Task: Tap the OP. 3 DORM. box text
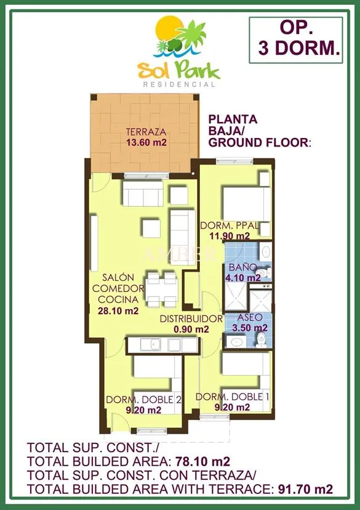[296, 39]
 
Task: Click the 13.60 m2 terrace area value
[146, 142]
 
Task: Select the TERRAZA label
[146, 132]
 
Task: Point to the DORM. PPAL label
[230, 225]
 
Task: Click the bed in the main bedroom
[246, 204]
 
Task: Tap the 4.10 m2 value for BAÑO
[243, 278]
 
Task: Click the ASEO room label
[249, 317]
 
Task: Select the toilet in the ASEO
[261, 339]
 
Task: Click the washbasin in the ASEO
[236, 342]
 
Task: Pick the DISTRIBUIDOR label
[191, 319]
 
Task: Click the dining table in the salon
[161, 290]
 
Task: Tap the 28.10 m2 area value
[118, 310]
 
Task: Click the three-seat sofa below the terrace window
[143, 193]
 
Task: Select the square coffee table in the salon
[151, 229]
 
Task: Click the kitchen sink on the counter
[150, 345]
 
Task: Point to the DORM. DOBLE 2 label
[143, 399]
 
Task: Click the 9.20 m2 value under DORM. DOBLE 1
[233, 407]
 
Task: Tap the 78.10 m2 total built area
[202, 461]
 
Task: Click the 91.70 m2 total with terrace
[305, 489]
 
